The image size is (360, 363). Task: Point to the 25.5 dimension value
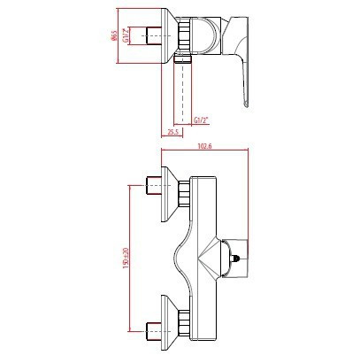point(174,133)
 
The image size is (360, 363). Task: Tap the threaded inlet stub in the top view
point(150,35)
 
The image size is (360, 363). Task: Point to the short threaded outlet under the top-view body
point(183,61)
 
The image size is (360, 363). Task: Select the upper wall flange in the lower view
point(168,189)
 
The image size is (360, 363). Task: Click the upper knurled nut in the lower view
point(185,192)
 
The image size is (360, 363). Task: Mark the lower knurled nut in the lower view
point(185,324)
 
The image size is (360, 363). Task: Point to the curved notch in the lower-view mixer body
point(184,258)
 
